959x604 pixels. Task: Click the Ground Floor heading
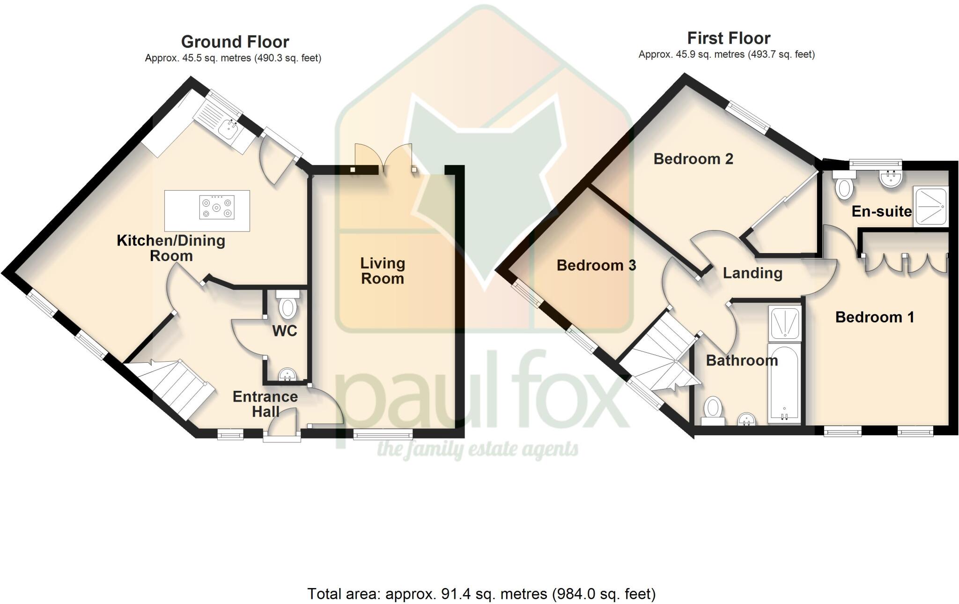[235, 42]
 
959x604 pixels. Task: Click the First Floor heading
[729, 38]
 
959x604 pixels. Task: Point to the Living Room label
[382, 271]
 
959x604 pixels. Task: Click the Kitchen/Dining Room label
[171, 248]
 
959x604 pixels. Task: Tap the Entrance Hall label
[265, 404]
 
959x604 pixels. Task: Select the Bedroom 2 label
[693, 159]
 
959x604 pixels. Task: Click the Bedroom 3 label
[596, 266]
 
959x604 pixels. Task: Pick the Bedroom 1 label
[874, 317]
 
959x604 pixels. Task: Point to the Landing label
[752, 273]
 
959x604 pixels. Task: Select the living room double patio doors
[384, 159]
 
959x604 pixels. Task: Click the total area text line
[481, 594]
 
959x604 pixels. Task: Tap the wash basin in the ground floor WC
[287, 374]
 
